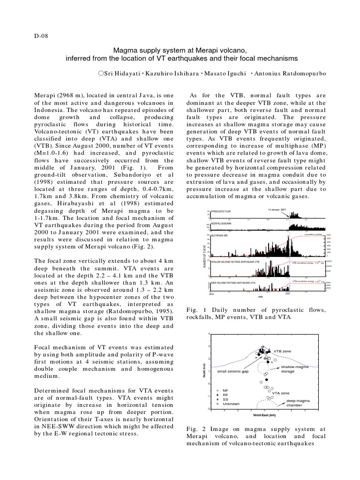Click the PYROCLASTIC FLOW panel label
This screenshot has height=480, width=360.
click(223, 212)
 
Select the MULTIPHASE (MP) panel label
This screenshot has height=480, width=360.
click(221, 236)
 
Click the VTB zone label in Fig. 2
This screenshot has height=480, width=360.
click(283, 351)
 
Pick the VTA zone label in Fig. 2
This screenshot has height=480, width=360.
click(281, 393)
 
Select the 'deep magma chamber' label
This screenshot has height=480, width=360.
click(298, 403)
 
